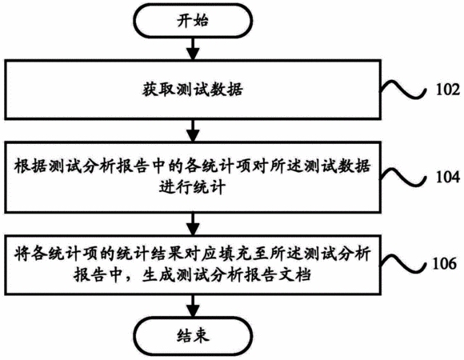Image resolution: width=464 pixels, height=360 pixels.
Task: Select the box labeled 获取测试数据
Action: click(193, 90)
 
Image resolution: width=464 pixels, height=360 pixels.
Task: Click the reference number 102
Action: click(448, 90)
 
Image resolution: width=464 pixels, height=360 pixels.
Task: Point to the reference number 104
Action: click(448, 177)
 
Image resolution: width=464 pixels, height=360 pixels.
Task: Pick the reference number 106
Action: click(445, 263)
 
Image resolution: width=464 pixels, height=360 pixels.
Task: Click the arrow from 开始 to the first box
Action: click(193, 49)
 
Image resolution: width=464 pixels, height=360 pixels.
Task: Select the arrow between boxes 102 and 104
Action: click(193, 130)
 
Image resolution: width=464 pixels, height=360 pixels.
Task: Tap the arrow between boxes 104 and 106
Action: click(193, 224)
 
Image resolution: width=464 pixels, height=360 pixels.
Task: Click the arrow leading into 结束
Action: click(193, 306)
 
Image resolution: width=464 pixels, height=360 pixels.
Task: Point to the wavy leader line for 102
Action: click(403, 90)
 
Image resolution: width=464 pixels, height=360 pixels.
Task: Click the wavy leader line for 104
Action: click(403, 178)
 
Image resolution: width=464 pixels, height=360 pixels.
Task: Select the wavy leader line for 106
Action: click(403, 263)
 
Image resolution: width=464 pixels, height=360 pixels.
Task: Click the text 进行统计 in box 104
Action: click(192, 187)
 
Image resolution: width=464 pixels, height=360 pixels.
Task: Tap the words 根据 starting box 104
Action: click(30, 166)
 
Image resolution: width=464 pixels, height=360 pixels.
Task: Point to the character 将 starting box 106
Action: click(22, 254)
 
